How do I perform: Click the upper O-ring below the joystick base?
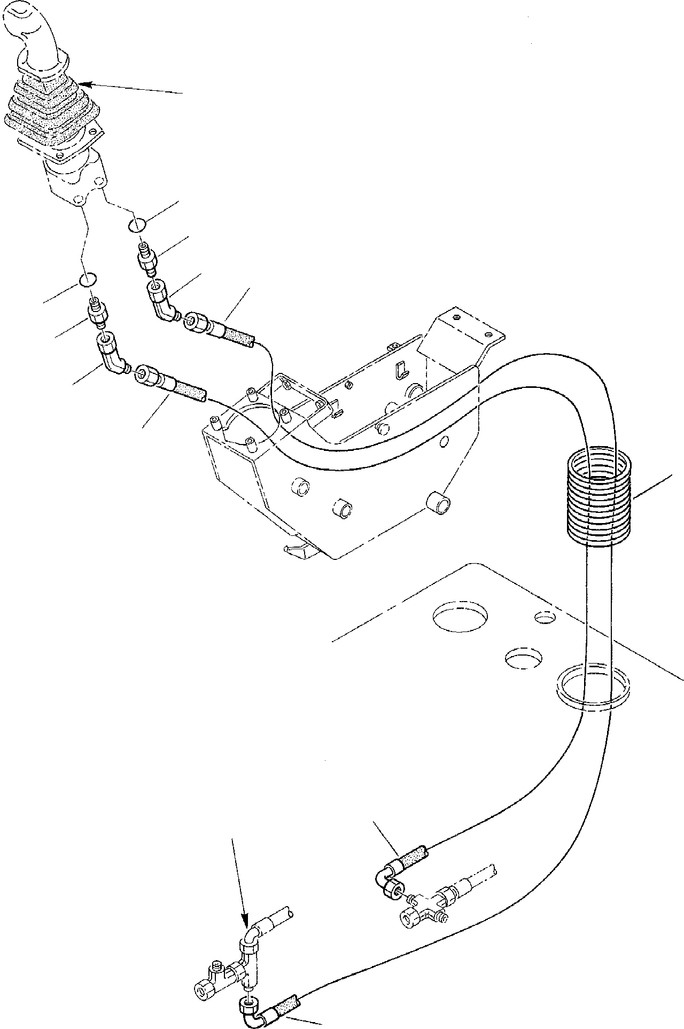coord(136,225)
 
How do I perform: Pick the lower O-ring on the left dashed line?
coord(87,280)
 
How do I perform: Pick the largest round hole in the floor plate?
coord(460,617)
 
